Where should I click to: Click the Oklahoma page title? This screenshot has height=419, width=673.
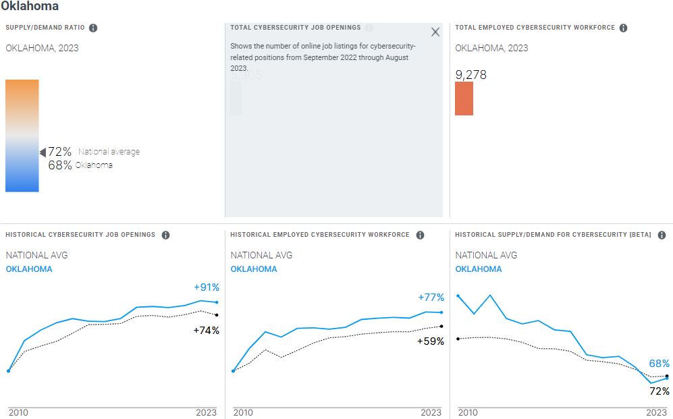point(30,6)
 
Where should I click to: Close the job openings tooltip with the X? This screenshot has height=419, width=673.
point(435,32)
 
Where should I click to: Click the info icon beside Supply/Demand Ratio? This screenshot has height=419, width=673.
point(93,28)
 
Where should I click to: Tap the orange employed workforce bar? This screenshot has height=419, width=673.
point(464,99)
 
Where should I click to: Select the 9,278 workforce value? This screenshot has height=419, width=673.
point(470,75)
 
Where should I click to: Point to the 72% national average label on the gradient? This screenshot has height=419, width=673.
point(59,152)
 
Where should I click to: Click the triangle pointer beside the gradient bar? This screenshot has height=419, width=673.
point(43,152)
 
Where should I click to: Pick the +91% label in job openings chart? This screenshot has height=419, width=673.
point(207,287)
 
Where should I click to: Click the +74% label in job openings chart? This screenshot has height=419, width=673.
point(207,331)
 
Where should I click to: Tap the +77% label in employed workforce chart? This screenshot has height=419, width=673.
point(431,298)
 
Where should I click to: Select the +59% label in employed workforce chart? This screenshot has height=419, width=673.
point(431,341)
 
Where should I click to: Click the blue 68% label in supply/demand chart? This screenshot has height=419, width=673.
point(659,364)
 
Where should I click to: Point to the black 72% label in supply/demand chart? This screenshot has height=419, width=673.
point(659,391)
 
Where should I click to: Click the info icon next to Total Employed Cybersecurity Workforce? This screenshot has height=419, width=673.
point(623,28)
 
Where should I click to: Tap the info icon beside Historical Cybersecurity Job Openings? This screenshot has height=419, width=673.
point(165,235)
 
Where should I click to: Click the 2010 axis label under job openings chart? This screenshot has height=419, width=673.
point(18,412)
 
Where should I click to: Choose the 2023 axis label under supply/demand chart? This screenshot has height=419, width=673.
point(656,412)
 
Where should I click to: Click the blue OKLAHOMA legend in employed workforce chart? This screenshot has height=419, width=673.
point(254,269)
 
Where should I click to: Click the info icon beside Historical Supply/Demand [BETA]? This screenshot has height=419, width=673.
point(662,235)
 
